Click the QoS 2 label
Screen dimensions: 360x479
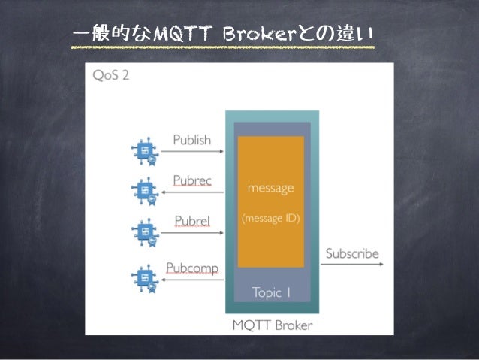coord(109,76)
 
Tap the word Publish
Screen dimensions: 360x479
coord(191,140)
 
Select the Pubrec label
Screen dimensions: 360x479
coord(191,180)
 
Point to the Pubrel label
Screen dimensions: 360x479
coord(191,221)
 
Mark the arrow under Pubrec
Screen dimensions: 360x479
coord(193,192)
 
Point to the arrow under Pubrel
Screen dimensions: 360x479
coord(193,233)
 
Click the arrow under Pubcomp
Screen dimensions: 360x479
coord(193,280)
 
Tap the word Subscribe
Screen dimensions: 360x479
coord(351,253)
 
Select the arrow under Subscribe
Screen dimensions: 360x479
coord(351,266)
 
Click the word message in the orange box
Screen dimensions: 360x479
coord(270,188)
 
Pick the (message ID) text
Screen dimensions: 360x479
coord(270,219)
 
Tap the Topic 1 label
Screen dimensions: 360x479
coord(270,292)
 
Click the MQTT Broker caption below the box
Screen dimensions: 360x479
coord(272,325)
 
